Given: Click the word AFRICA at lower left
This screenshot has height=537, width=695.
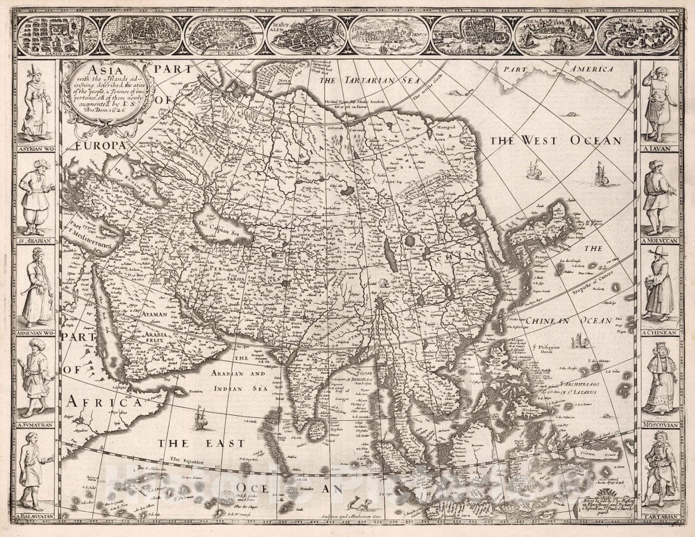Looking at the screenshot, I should (x=103, y=401).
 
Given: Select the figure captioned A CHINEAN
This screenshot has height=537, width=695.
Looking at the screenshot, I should (x=659, y=284).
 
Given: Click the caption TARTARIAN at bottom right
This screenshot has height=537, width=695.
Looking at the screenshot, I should (x=660, y=516).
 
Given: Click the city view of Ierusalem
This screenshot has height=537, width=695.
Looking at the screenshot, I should (x=306, y=35).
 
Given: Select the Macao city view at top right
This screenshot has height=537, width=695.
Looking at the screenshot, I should (x=638, y=35).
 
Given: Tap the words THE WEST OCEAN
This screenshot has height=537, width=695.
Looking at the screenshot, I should (x=555, y=140).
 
